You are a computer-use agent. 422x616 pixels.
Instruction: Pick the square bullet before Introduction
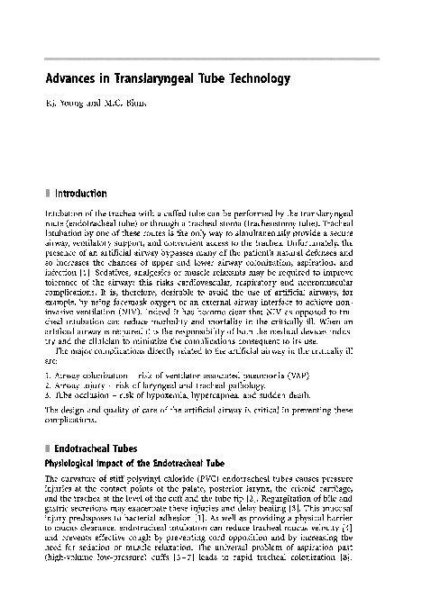(x=47, y=193)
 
